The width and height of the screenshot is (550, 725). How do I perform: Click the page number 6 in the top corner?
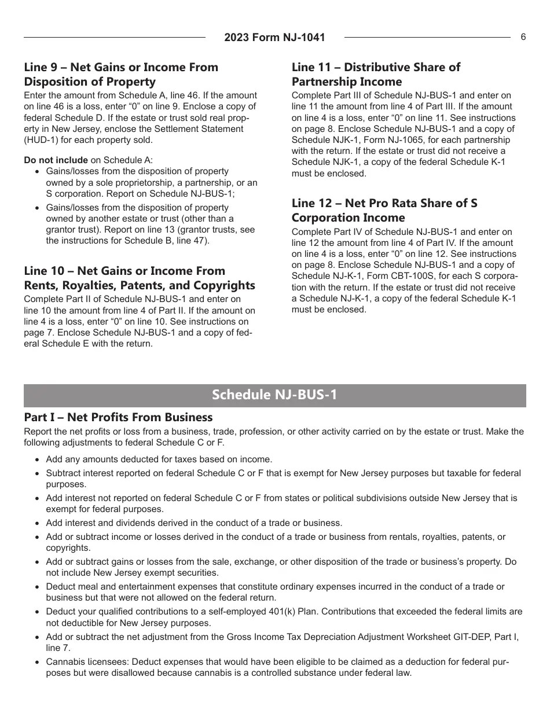point(523,37)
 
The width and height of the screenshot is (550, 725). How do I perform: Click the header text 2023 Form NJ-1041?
point(274,38)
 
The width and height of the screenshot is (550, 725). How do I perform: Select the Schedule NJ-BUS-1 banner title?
point(274,395)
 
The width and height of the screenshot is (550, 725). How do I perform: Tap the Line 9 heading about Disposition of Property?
point(121,74)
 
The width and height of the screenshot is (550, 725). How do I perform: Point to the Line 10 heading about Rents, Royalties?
point(139,278)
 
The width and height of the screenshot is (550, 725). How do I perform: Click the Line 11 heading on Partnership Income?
point(376,74)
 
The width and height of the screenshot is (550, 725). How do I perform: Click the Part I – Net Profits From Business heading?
point(118,417)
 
